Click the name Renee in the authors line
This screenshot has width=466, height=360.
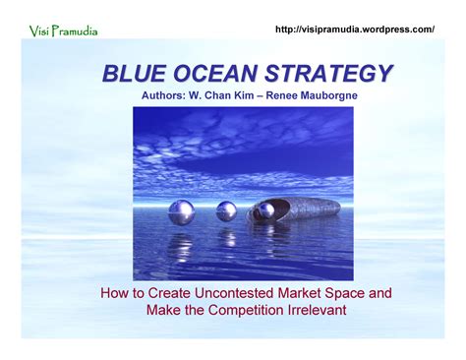(x=285, y=96)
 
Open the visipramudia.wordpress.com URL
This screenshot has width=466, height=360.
(x=356, y=30)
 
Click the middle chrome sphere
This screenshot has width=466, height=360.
(x=226, y=210)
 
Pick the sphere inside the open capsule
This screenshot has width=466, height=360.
(x=265, y=210)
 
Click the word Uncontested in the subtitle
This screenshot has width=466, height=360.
(x=228, y=293)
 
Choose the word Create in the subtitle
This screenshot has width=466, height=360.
(x=162, y=293)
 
